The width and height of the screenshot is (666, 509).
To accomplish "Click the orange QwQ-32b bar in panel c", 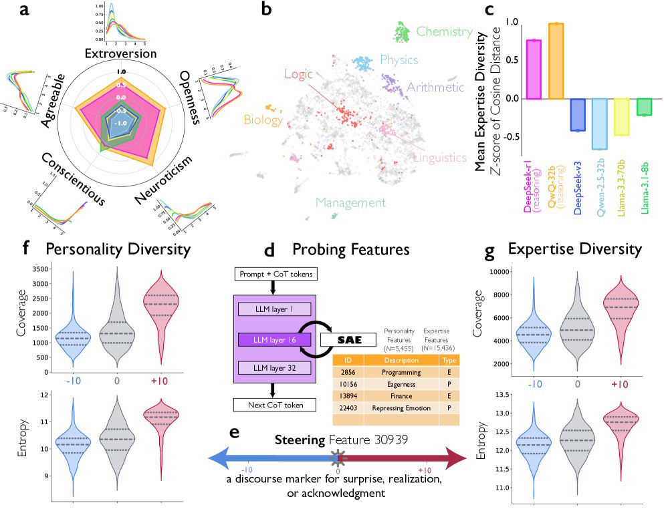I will [x=556, y=61].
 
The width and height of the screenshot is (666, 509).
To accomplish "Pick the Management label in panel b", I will [x=351, y=202].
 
